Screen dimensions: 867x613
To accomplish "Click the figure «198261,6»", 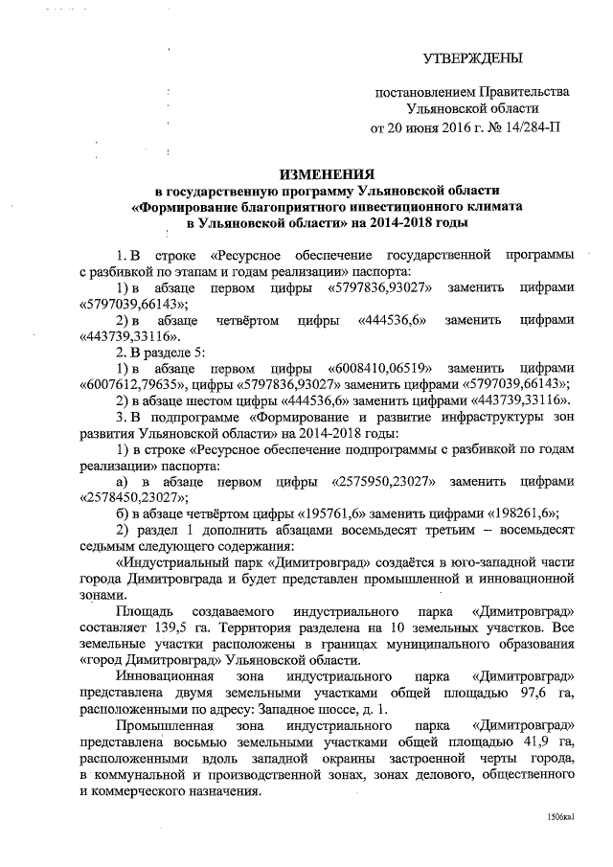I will [x=525, y=513].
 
